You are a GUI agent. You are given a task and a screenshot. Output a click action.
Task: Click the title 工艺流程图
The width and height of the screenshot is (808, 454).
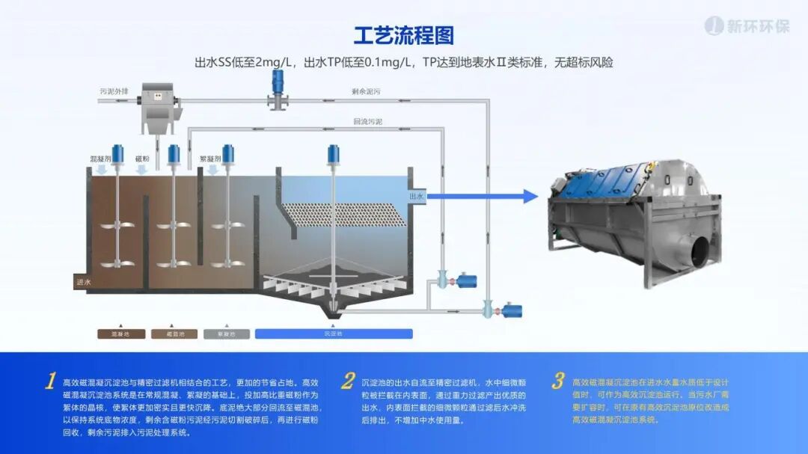point(403,35)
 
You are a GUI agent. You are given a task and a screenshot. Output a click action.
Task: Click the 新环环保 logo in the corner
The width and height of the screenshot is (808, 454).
point(747,26)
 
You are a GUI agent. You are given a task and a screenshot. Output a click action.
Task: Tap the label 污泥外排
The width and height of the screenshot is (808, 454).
point(114,91)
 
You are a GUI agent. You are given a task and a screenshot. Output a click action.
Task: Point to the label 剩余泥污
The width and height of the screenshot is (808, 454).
point(366,91)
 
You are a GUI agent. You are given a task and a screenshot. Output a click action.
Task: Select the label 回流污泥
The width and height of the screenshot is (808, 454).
point(367,121)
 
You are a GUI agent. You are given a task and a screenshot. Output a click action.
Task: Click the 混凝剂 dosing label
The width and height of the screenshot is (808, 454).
point(100,159)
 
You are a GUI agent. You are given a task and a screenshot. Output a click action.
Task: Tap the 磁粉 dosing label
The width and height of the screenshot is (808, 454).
point(142,159)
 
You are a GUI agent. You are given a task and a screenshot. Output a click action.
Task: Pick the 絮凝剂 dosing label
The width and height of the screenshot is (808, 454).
point(210,159)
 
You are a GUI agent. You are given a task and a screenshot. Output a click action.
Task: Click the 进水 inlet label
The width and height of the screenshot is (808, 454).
point(83,282)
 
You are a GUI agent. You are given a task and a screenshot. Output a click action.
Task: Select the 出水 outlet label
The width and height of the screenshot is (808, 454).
point(417,197)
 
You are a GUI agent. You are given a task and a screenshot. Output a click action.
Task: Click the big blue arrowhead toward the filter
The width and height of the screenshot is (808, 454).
point(530,197)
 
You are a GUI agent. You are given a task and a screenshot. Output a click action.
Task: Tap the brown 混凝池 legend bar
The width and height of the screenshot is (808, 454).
point(121,334)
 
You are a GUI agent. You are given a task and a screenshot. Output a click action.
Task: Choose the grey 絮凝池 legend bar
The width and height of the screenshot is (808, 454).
point(227,334)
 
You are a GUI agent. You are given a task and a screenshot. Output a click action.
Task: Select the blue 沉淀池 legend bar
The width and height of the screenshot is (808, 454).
point(333,334)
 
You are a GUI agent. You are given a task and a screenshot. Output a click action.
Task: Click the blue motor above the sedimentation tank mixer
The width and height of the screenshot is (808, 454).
point(333,154)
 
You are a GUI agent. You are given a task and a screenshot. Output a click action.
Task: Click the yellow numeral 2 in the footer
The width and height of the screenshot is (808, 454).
point(348,381)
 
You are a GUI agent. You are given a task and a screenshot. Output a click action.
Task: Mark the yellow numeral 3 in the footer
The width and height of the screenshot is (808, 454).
point(557,381)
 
